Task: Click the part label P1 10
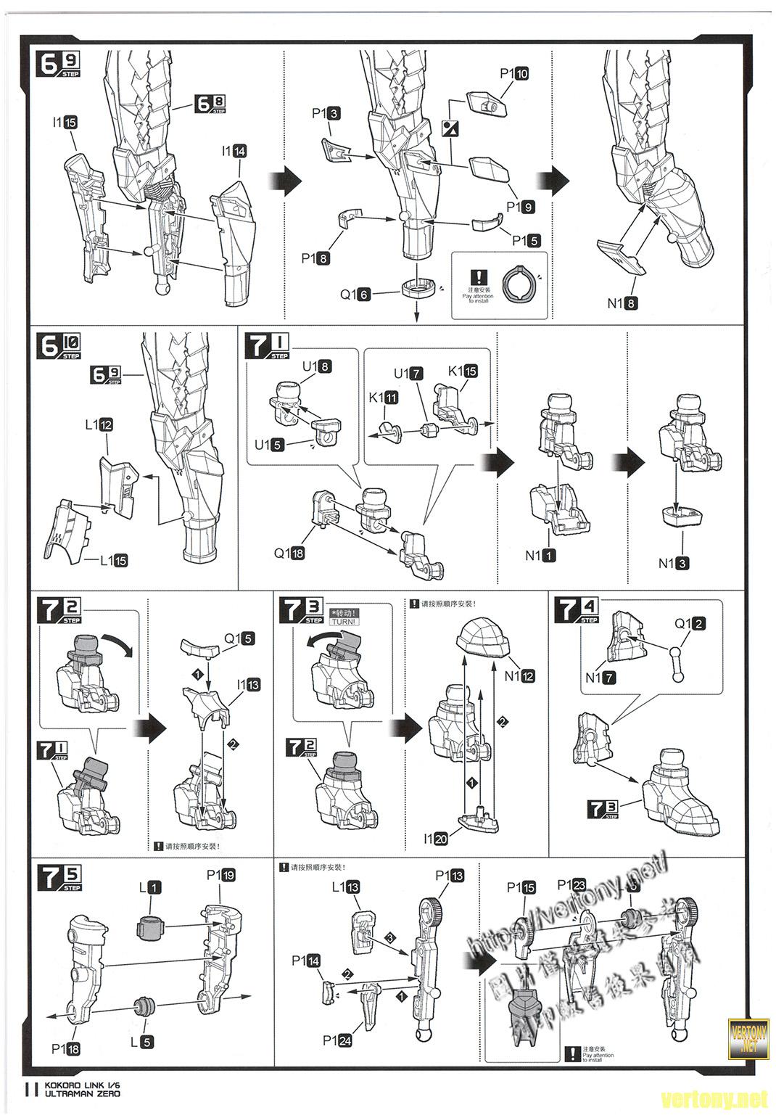point(513,73)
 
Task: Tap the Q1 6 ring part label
point(355,295)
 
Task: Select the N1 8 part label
point(622,303)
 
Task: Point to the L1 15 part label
point(113,560)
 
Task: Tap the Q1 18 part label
point(289,554)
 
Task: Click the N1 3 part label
point(673,563)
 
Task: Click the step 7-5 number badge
point(59,878)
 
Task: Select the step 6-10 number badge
point(59,345)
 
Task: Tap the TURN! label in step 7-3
point(343,622)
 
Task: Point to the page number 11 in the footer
point(30,1088)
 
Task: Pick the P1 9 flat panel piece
point(490,172)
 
